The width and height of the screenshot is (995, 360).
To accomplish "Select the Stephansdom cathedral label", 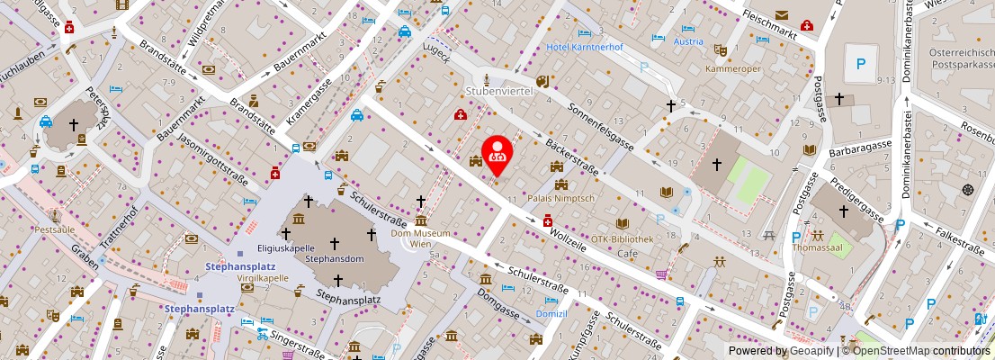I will (x=334, y=258).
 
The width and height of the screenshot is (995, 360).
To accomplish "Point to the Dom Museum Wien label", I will (x=420, y=238).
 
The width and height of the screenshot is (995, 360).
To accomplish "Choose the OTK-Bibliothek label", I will (x=622, y=239).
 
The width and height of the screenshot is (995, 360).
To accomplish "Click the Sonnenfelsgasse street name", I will (x=600, y=127).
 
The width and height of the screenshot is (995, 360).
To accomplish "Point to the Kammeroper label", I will (x=732, y=69).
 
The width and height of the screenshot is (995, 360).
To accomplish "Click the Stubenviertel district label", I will (x=499, y=92).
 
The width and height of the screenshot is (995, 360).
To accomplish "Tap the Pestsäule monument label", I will (x=53, y=230).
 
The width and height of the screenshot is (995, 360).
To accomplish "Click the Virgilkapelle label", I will (x=262, y=278).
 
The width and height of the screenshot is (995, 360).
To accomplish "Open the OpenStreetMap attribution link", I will (x=918, y=351).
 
